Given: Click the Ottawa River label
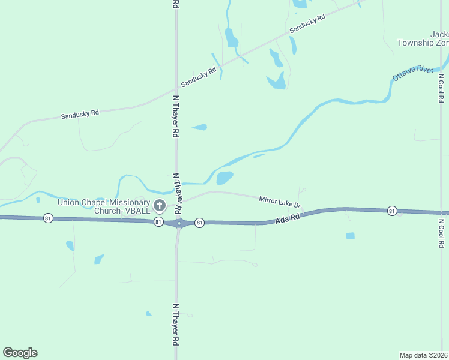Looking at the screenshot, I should pyautogui.click(x=413, y=73).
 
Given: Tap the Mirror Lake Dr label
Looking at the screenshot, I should pyautogui.click(x=279, y=202).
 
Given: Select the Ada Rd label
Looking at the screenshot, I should pyautogui.click(x=287, y=220).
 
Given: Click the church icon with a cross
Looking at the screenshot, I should pyautogui.click(x=160, y=206).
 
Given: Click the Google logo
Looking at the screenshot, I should pyautogui.click(x=20, y=353).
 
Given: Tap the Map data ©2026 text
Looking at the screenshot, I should pyautogui.click(x=424, y=355).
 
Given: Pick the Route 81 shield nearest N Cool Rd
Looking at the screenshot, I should pyautogui.click(x=392, y=211).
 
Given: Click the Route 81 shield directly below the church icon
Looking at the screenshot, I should pyautogui.click(x=158, y=222).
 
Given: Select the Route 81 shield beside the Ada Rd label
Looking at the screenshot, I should pyautogui.click(x=200, y=223).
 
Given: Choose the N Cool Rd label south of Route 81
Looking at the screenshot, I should pyautogui.click(x=441, y=233).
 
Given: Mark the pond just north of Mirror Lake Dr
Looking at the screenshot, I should pyautogui.click(x=224, y=178).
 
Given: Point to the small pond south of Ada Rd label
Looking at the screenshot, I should pyautogui.click(x=350, y=236).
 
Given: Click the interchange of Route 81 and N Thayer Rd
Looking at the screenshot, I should pyautogui.click(x=179, y=223).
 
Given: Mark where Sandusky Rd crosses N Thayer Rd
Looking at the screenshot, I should pyautogui.click(x=176, y=91).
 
